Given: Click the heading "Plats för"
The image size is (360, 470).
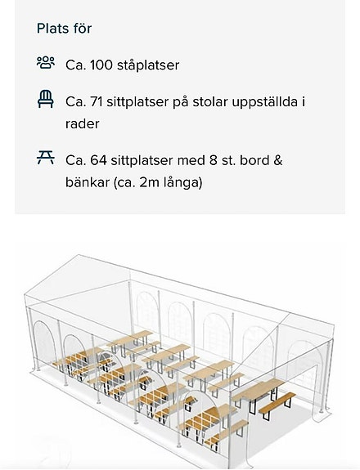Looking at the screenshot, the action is pyautogui.click(x=64, y=29).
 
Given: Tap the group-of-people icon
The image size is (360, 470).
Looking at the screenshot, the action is pyautogui.click(x=46, y=63).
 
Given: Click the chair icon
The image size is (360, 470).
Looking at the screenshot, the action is pyautogui.click(x=46, y=99).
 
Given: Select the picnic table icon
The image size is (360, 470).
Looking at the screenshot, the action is pyautogui.click(x=46, y=158).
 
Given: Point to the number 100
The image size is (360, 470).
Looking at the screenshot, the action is pyautogui.click(x=101, y=65).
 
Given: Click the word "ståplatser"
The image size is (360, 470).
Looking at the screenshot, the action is pyautogui.click(x=148, y=65).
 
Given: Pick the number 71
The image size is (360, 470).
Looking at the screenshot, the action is pyautogui.click(x=97, y=102).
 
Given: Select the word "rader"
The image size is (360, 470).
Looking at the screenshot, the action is pyautogui.click(x=82, y=123).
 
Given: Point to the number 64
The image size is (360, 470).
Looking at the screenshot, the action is pyautogui.click(x=98, y=160).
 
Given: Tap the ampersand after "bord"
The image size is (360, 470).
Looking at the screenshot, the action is pyautogui.click(x=278, y=160).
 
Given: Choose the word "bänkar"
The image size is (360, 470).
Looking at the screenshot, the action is pyautogui.click(x=88, y=182).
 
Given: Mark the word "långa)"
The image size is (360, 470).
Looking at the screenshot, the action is pyautogui.click(x=182, y=183).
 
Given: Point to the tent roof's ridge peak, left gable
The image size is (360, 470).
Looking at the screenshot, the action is pyautogui.click(x=79, y=255).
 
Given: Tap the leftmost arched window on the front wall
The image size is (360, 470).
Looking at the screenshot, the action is pyautogui.click(x=45, y=345).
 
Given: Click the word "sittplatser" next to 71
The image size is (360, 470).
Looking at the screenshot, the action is pyautogui.click(x=137, y=102).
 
